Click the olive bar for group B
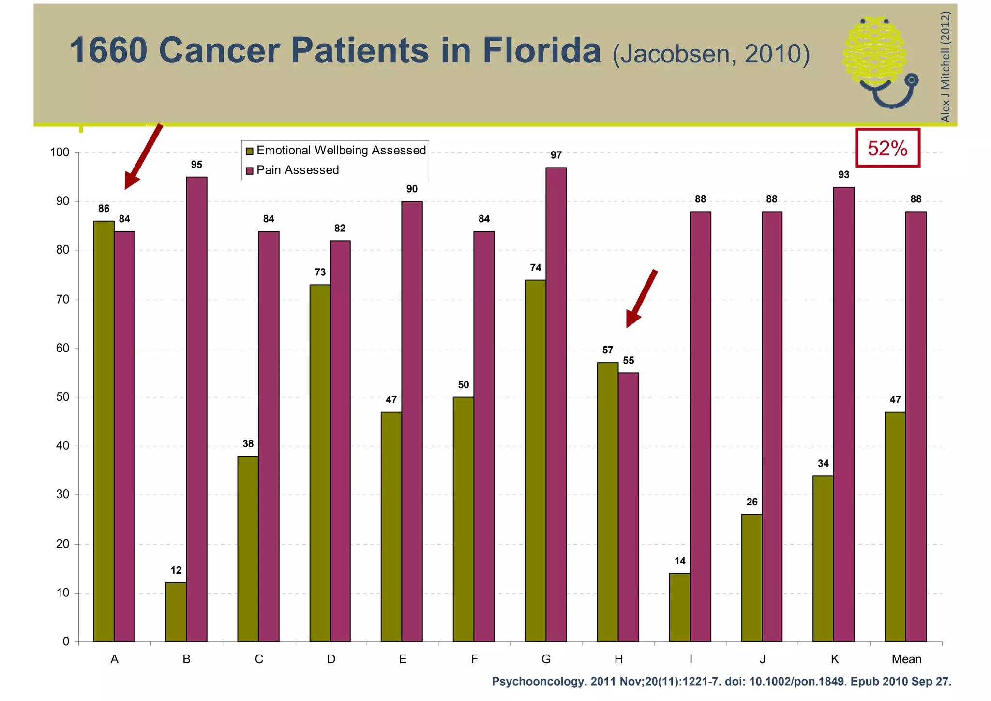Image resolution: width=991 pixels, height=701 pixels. click(x=176, y=612)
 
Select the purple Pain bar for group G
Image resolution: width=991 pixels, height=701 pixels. click(x=556, y=404)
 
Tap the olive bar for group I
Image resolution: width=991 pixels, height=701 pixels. click(x=680, y=607)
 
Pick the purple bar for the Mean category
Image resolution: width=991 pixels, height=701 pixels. click(x=916, y=426)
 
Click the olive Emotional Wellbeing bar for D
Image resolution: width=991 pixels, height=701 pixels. click(x=320, y=463)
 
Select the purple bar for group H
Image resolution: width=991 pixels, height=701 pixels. click(x=628, y=507)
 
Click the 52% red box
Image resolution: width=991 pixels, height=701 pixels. click(x=887, y=148)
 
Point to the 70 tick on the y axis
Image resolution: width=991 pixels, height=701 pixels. click(x=63, y=300)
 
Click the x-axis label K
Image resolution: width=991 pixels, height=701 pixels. click(x=834, y=659)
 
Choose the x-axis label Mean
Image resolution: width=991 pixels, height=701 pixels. click(x=906, y=659)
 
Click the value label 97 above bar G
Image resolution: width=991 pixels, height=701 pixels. click(x=556, y=155)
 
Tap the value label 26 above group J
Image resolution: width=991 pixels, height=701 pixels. click(x=751, y=502)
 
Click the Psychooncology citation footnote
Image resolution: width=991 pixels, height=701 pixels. click(x=721, y=682)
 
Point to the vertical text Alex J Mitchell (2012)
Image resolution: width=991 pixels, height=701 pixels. click(x=945, y=67)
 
